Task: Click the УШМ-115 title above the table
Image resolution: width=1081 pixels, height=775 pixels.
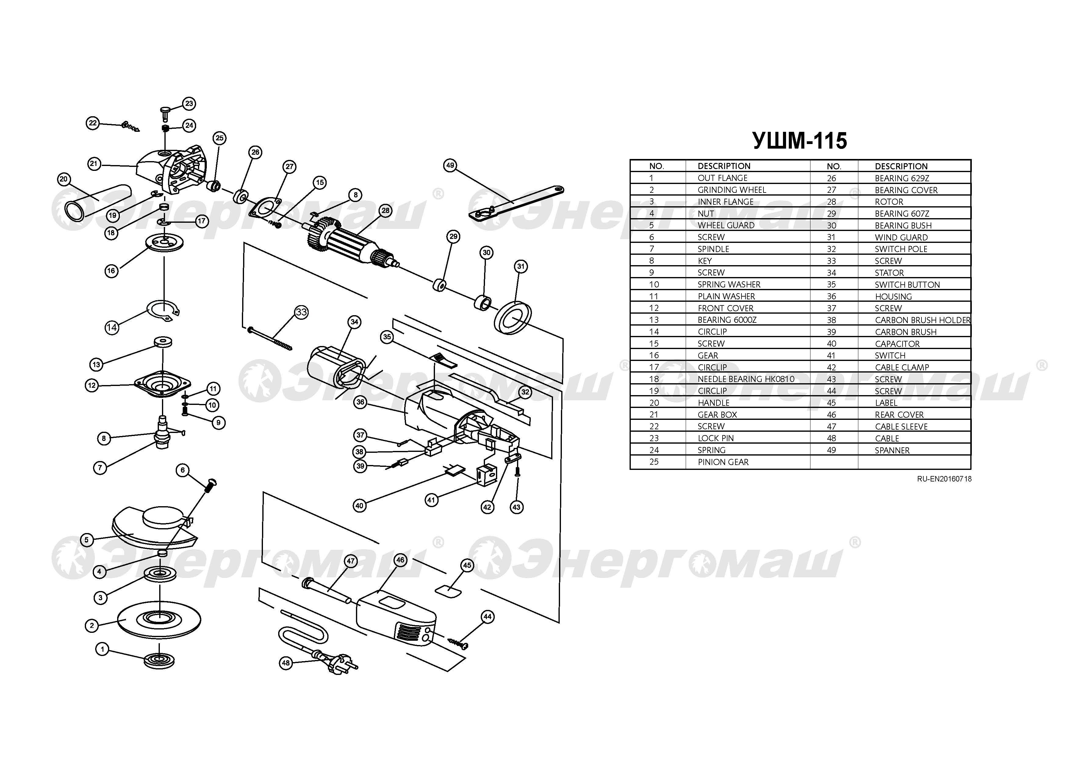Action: pyautogui.click(x=799, y=141)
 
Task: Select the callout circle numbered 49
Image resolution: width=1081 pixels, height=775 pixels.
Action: pyautogui.click(x=450, y=165)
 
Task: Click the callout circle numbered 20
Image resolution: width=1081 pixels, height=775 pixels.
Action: pyautogui.click(x=64, y=179)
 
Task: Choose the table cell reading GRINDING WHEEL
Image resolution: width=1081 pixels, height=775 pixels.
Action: pyautogui.click(x=732, y=190)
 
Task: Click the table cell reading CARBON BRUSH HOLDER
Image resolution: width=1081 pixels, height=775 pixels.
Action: pyautogui.click(x=922, y=320)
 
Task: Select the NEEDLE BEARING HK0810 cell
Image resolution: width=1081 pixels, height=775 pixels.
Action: pyautogui.click(x=746, y=379)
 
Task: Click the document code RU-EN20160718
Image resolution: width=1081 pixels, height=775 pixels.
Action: pyautogui.click(x=944, y=478)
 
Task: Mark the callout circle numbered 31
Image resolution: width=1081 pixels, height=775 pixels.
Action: pyautogui.click(x=521, y=267)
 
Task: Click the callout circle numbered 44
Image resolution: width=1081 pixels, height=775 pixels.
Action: pyautogui.click(x=487, y=617)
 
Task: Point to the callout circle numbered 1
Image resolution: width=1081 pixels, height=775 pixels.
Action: pyautogui.click(x=102, y=649)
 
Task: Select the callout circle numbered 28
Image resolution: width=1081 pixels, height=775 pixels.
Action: pyautogui.click(x=385, y=210)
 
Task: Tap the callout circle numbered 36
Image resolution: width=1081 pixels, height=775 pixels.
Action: pyautogui.click(x=360, y=402)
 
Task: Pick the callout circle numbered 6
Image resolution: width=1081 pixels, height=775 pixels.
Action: pyautogui.click(x=182, y=470)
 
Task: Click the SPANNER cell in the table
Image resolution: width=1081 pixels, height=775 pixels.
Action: pyautogui.click(x=892, y=450)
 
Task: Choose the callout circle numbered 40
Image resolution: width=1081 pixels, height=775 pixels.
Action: pyautogui.click(x=359, y=506)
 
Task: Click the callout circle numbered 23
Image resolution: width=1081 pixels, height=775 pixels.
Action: pyautogui.click(x=189, y=103)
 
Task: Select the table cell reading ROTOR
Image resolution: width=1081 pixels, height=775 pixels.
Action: pyautogui.click(x=889, y=202)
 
